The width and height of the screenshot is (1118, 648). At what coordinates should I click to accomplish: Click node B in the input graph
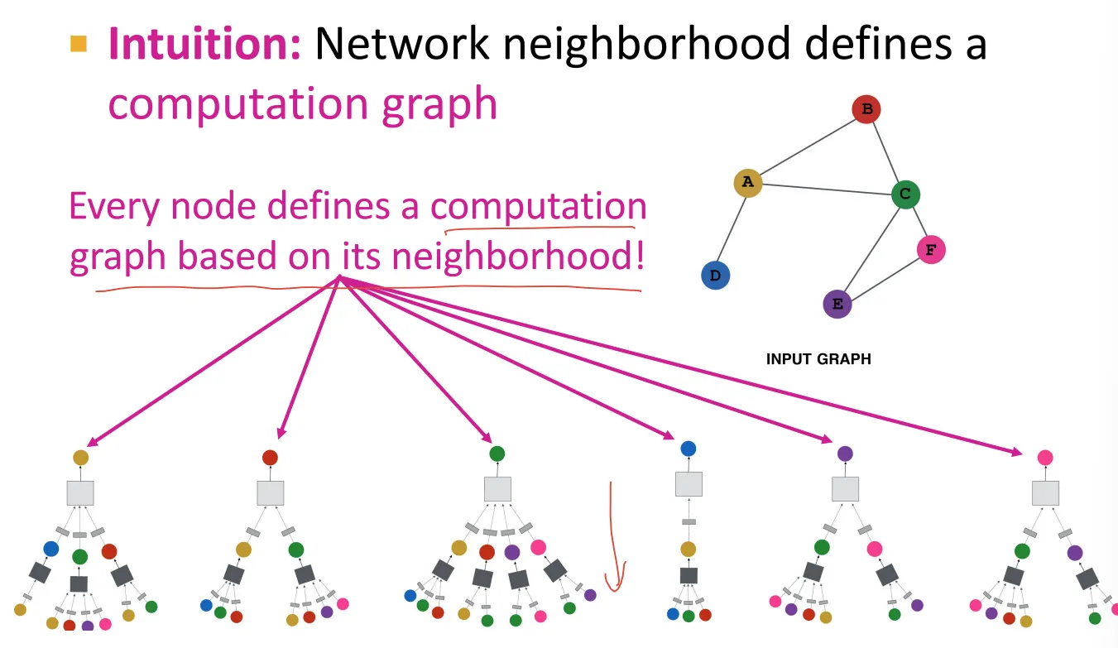[866, 109]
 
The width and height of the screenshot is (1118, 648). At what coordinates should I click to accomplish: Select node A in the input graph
[747, 183]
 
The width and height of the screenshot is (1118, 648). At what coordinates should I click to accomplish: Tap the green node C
[905, 194]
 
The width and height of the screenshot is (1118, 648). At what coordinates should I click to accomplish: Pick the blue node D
[715, 276]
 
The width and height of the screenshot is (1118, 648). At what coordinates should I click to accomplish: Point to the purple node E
[837, 304]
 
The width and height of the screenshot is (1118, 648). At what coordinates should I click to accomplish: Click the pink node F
[931, 249]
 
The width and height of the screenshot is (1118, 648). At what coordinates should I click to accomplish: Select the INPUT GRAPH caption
[818, 359]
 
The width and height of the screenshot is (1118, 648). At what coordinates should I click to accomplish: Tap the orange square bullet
[79, 44]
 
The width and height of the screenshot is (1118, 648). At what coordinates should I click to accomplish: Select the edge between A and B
[807, 146]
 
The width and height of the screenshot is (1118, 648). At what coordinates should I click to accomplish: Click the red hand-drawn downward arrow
[613, 538]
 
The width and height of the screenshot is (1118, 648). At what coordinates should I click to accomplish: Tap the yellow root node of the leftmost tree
[80, 458]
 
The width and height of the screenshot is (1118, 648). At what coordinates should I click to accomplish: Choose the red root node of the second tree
[270, 458]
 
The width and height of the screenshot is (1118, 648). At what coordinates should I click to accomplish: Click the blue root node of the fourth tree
[688, 449]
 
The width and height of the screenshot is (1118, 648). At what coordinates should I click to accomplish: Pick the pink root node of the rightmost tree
[1045, 458]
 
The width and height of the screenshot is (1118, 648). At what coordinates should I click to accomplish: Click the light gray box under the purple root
[845, 489]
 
